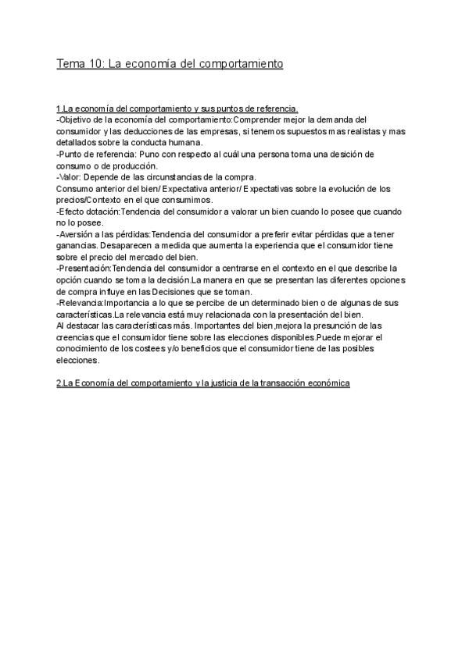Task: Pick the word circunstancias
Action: (x=160, y=176)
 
